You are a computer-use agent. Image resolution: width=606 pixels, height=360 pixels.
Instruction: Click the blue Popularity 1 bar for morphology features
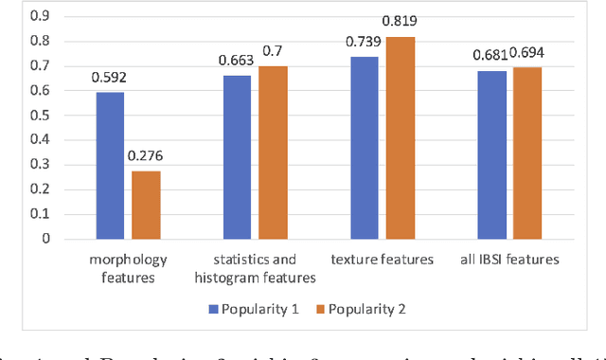pyautogui.click(x=109, y=166)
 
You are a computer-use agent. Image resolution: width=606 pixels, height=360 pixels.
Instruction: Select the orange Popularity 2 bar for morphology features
pyautogui.click(x=145, y=205)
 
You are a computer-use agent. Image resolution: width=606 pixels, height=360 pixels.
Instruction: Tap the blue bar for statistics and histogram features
pyautogui.click(x=237, y=156)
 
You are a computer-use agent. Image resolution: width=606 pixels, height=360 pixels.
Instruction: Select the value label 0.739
pyautogui.click(x=362, y=41)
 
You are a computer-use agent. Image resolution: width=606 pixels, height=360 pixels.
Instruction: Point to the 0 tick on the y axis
pyautogui.click(x=45, y=239)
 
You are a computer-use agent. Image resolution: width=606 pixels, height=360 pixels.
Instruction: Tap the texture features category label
pyautogui.click(x=383, y=259)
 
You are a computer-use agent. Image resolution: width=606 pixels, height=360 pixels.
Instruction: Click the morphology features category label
pyautogui.click(x=127, y=267)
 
